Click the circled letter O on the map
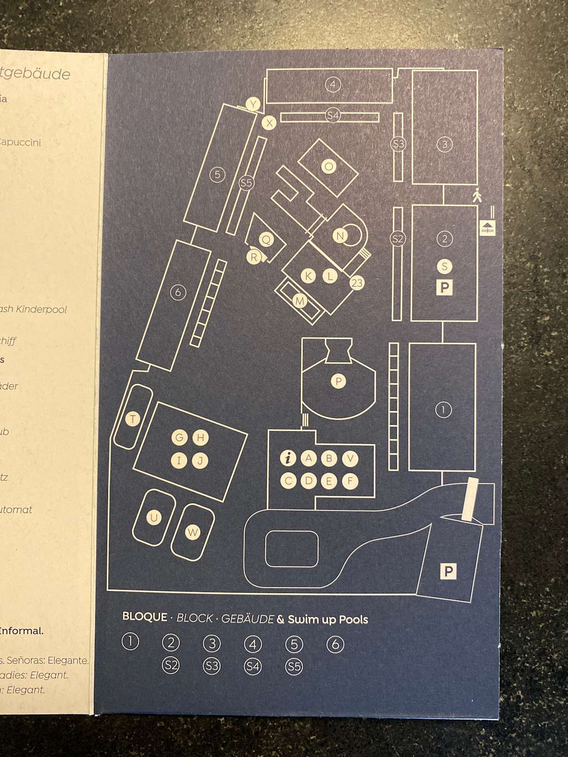(x=329, y=166)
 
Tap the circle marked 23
(x=357, y=283)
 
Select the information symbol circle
(x=288, y=458)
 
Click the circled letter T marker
(x=133, y=419)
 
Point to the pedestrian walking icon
(x=477, y=195)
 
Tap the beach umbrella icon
(x=488, y=228)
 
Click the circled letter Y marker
(x=253, y=104)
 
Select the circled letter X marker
(x=269, y=123)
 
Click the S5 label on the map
(x=246, y=183)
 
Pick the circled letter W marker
(x=193, y=532)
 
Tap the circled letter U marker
(x=154, y=517)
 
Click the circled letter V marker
(x=350, y=459)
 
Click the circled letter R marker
(x=254, y=257)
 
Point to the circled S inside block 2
(x=444, y=266)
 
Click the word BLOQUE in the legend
(x=144, y=617)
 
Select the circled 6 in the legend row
(x=335, y=644)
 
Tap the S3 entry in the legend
(x=212, y=665)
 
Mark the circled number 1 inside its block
(x=443, y=410)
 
